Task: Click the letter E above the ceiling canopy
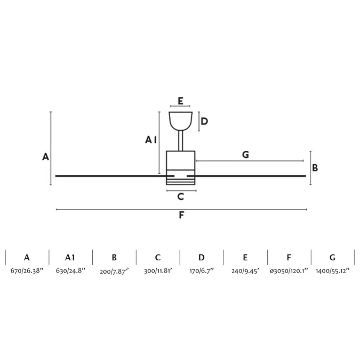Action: (180, 101)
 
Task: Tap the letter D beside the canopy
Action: (204, 121)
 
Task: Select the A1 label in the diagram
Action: (151, 140)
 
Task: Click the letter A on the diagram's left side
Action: (45, 157)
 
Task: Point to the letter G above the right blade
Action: (245, 155)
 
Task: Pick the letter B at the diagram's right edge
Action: (315, 168)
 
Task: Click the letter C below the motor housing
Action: (181, 197)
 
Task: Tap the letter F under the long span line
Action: (181, 215)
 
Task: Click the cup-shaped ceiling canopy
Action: (180, 121)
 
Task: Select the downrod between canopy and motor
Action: (181, 141)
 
